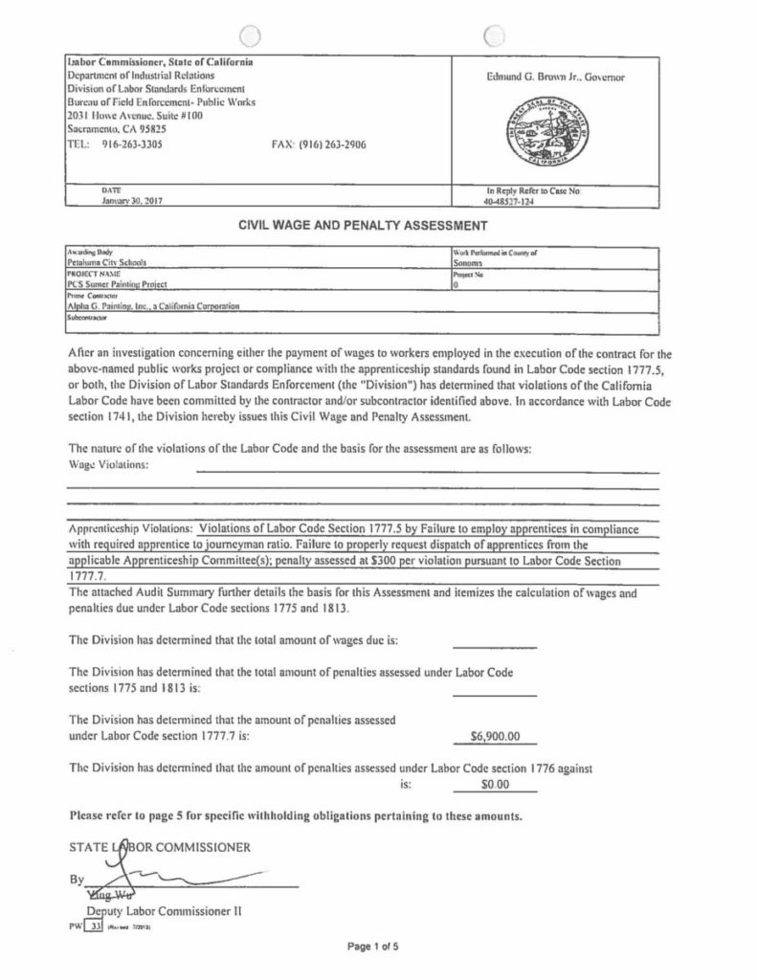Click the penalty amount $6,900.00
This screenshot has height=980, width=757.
pyautogui.click(x=495, y=737)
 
